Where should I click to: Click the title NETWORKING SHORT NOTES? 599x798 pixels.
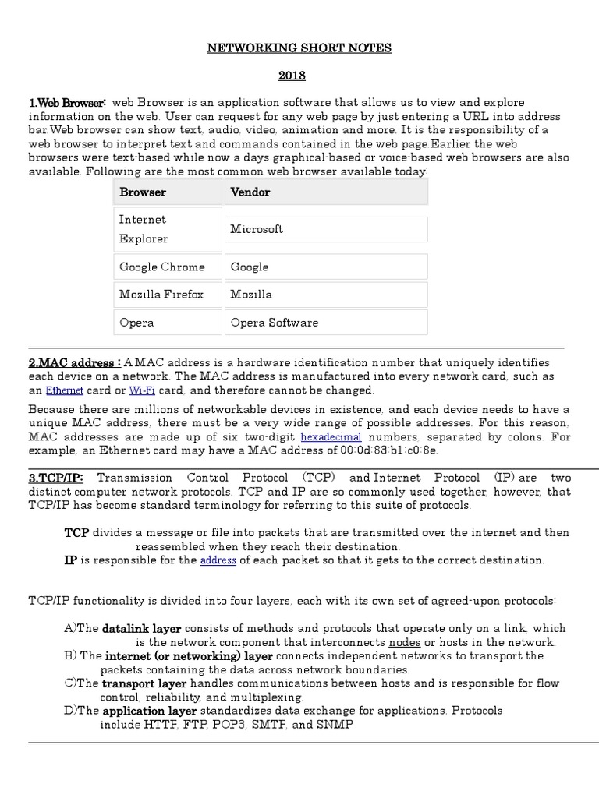(x=299, y=48)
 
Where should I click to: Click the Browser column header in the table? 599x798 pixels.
(x=143, y=192)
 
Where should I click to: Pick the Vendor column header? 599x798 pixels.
(x=251, y=192)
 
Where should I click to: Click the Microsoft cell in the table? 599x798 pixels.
(x=257, y=229)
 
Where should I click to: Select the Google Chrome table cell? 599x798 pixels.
(x=162, y=267)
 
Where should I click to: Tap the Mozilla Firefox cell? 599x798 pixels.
(x=161, y=295)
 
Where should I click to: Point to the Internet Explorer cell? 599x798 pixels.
(x=143, y=229)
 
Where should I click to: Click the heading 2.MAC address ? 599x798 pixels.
(x=74, y=363)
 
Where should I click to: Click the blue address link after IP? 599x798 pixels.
(x=218, y=560)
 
